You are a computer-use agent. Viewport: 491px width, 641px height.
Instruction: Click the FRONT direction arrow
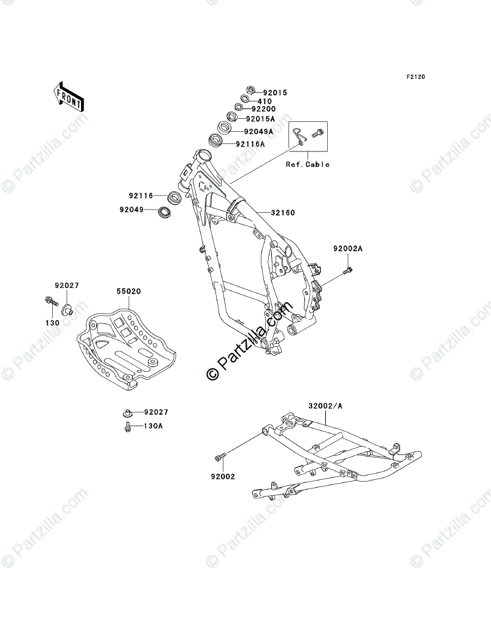click(x=68, y=96)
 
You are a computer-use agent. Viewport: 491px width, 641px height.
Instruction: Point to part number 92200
click(x=265, y=109)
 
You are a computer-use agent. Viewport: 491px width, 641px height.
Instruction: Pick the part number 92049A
click(x=258, y=131)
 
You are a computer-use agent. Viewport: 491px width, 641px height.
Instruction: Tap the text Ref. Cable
click(x=307, y=164)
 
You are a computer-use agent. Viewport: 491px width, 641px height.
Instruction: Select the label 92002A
click(x=348, y=249)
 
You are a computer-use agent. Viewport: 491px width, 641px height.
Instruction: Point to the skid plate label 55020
click(x=130, y=292)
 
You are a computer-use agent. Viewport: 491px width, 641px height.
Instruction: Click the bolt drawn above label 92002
click(x=220, y=455)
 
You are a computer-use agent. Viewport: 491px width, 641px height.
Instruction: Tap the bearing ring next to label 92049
click(x=164, y=213)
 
